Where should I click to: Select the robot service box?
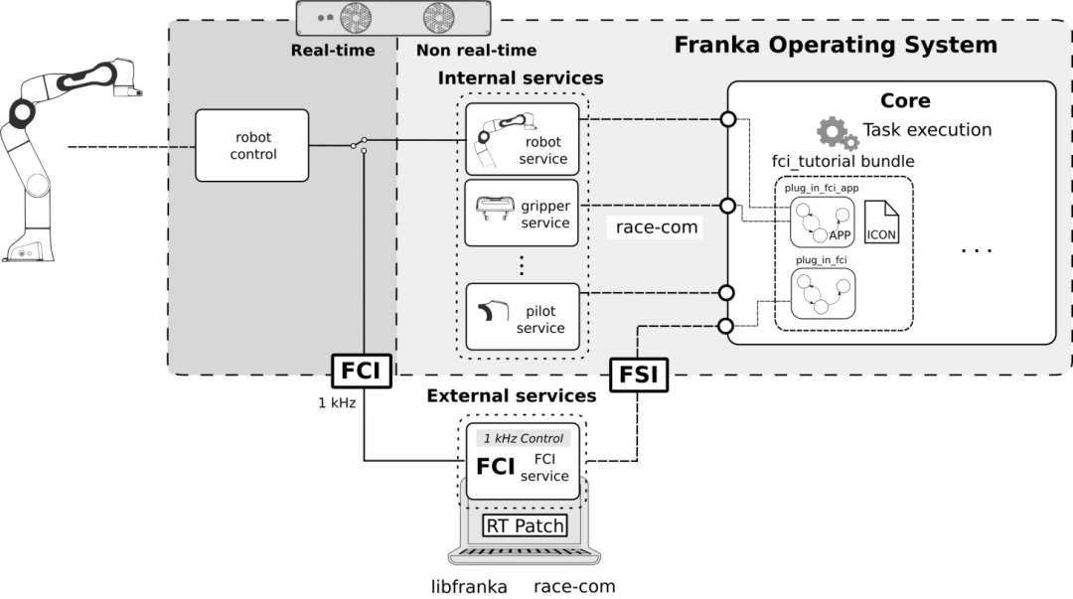(x=521, y=139)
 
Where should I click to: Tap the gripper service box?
(x=521, y=214)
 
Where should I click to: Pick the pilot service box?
(x=521, y=317)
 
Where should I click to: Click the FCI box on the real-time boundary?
(x=362, y=369)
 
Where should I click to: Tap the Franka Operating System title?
(x=835, y=45)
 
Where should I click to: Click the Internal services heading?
(x=521, y=77)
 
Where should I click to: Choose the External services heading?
(x=511, y=395)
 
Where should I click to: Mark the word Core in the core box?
(x=905, y=100)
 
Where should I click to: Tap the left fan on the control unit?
(x=356, y=16)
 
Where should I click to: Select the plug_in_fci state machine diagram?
(x=823, y=291)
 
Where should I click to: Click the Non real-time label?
(x=476, y=50)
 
